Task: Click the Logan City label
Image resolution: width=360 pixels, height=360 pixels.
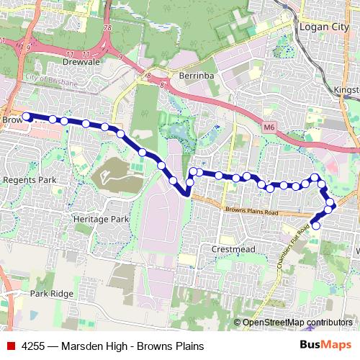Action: point(324,28)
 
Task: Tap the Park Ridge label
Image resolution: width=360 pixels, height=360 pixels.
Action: point(52,294)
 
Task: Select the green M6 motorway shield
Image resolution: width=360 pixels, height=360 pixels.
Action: point(269,127)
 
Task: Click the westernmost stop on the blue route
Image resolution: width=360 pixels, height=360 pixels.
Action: point(27,116)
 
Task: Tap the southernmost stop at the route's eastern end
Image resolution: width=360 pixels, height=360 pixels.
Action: point(315,225)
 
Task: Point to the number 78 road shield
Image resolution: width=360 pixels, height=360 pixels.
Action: point(107,28)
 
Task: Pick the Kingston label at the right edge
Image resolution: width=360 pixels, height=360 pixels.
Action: point(346,91)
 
